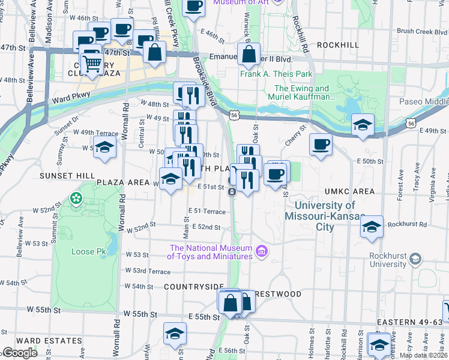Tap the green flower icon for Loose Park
coord(76,198)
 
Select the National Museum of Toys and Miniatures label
coord(210,253)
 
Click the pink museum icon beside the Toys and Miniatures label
coord(261,251)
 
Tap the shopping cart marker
coord(91,62)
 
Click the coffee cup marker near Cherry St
coord(321,145)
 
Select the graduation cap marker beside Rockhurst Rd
coord(372,227)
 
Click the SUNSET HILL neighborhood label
coord(60,175)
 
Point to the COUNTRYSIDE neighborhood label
coord(193,287)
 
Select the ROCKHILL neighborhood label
coord(337,45)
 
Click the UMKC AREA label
coord(349,191)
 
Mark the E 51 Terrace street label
coord(206,211)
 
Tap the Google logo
coord(20,353)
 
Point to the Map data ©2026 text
coord(423,355)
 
